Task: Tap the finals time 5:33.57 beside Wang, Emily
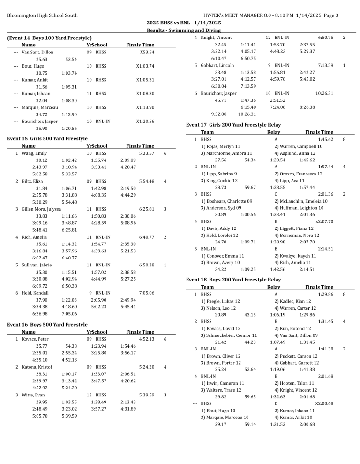point(147,153)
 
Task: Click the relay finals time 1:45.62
point(325,140)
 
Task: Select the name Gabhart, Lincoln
point(217,65)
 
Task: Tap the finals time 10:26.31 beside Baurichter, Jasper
point(324,93)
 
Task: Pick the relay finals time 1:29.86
point(325,294)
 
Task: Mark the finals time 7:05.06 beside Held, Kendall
point(147,293)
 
